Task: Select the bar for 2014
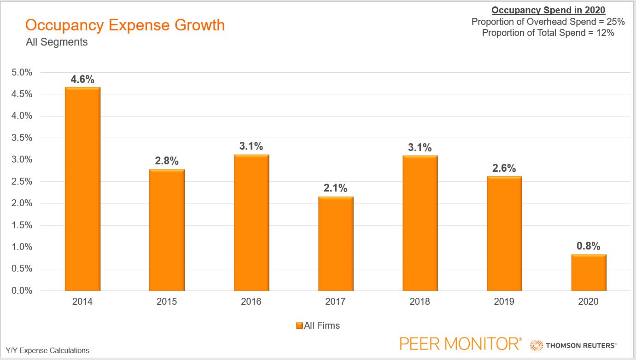click(82, 189)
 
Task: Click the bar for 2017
click(336, 244)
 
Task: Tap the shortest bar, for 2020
click(589, 272)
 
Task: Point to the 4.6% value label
click(82, 79)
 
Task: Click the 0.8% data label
click(589, 246)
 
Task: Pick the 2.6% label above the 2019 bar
click(504, 168)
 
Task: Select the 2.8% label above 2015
click(167, 161)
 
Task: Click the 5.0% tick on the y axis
click(22, 72)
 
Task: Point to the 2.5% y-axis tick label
click(22, 181)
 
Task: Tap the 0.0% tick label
click(22, 290)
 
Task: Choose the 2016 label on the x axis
click(251, 302)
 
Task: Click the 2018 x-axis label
click(420, 302)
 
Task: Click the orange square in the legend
click(299, 325)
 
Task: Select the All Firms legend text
click(322, 325)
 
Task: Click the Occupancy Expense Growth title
click(125, 25)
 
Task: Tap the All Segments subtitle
click(57, 42)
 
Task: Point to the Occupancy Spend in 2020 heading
click(548, 10)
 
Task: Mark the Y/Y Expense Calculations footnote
click(47, 350)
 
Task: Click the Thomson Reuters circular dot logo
click(537, 345)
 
